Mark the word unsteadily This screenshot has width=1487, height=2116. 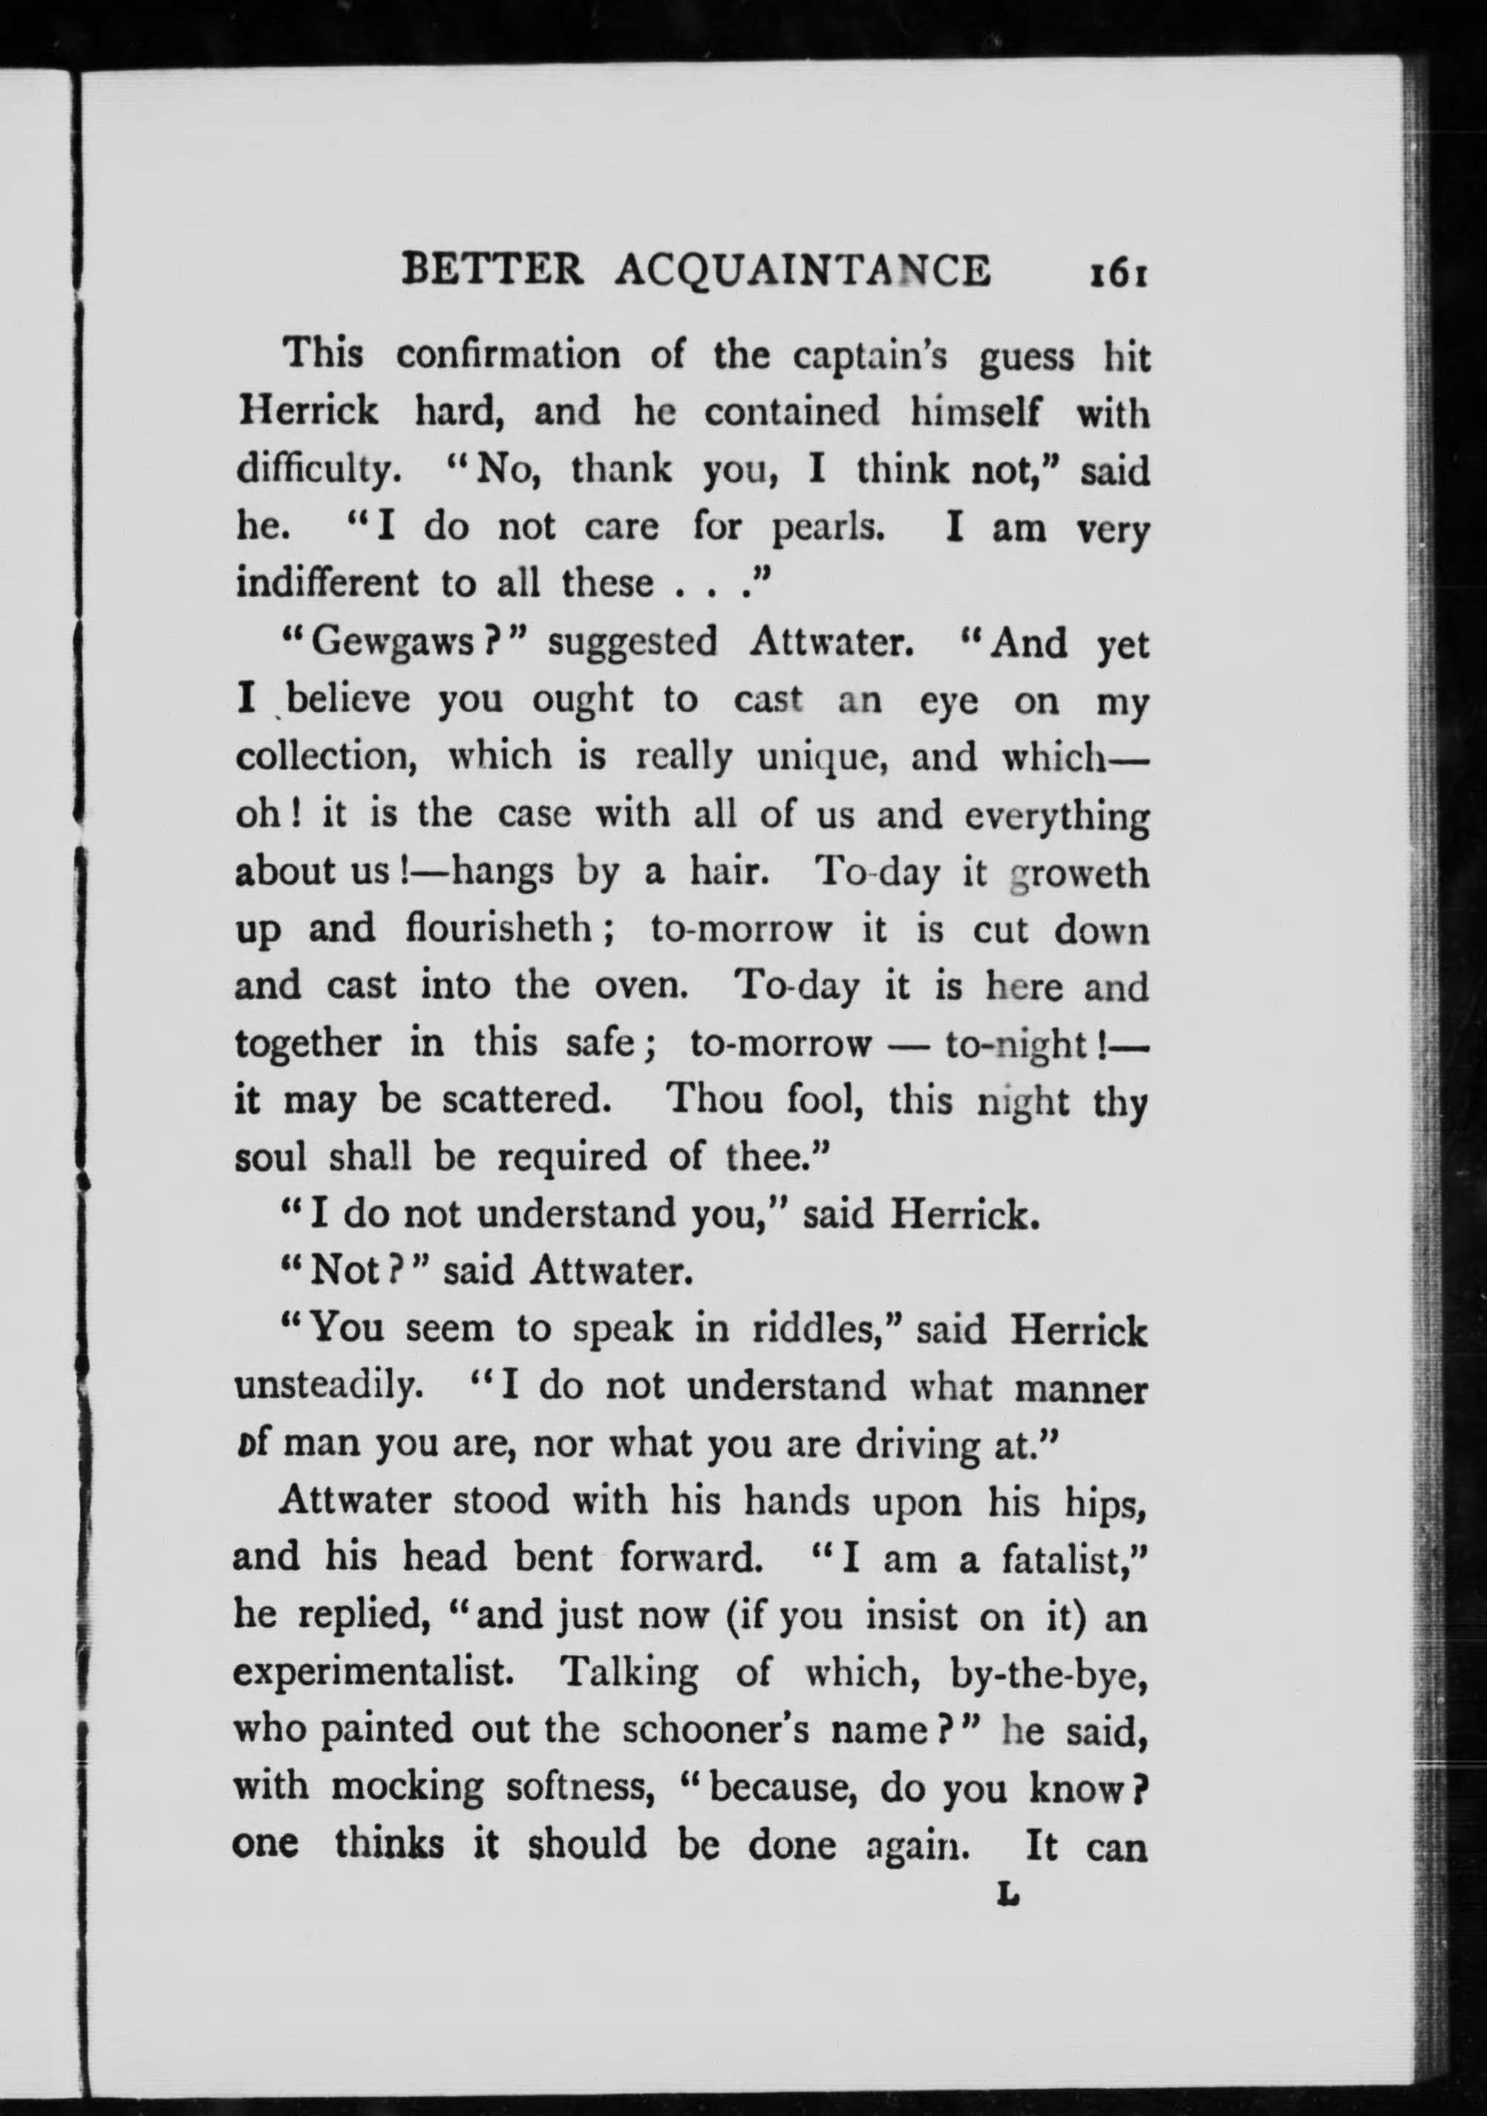(316, 1387)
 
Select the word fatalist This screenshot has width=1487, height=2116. (1071, 1558)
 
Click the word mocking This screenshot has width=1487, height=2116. (406, 1786)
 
